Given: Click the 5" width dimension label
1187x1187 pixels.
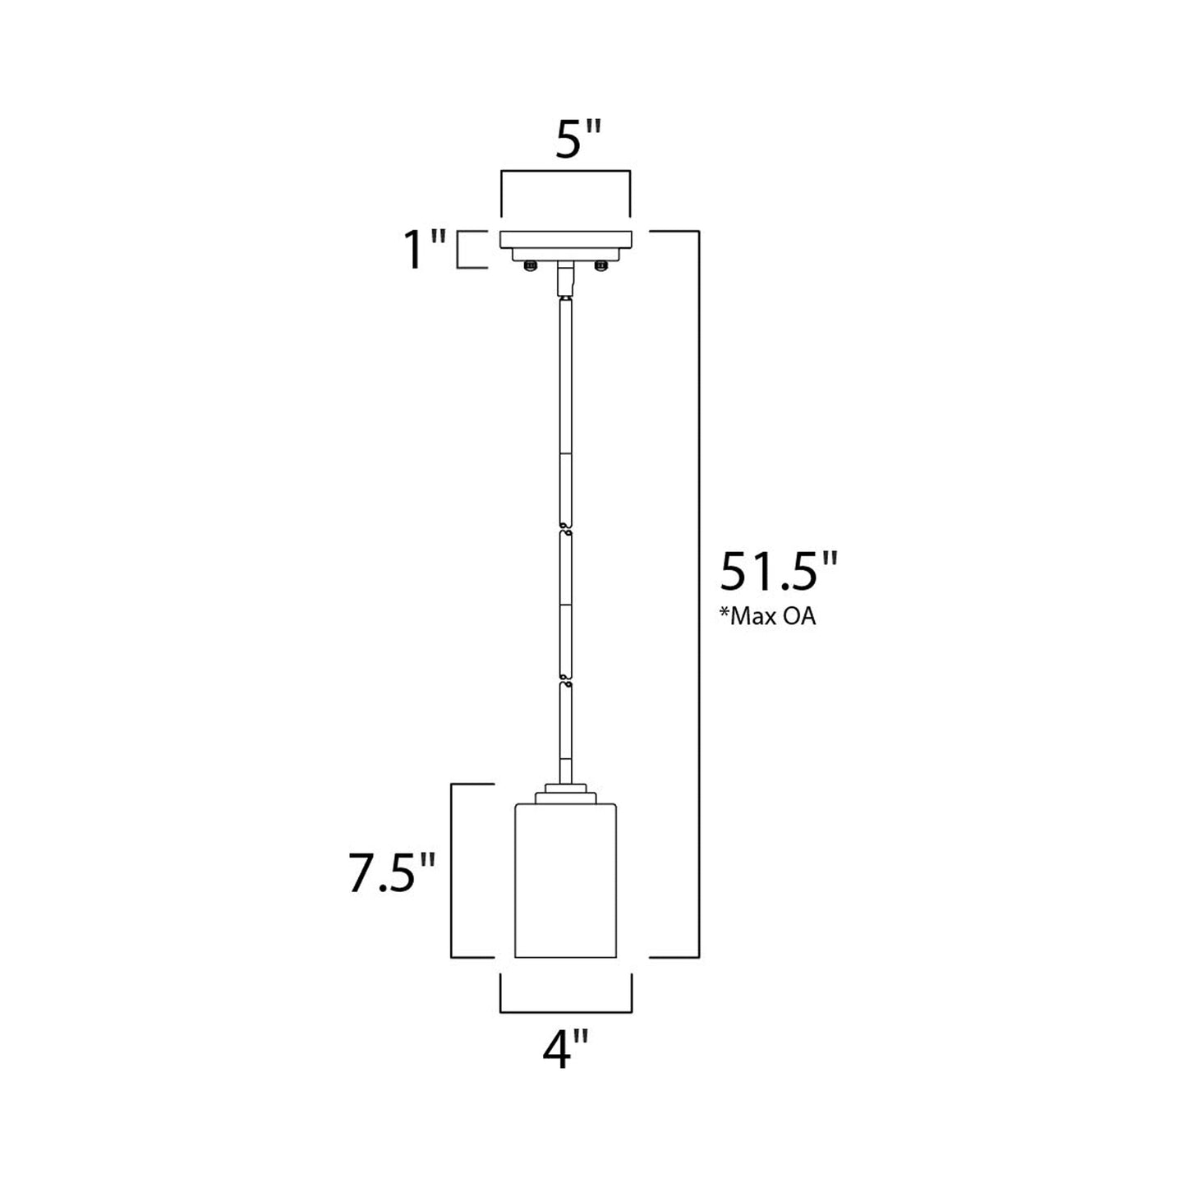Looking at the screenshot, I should pyautogui.click(x=567, y=141).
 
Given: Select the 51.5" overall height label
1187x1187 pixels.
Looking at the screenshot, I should pyautogui.click(x=779, y=572).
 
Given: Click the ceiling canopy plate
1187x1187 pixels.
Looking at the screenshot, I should pyautogui.click(x=566, y=241).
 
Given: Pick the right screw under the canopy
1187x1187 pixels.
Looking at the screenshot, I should pyautogui.click(x=601, y=265).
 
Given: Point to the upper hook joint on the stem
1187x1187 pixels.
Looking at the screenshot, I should pyautogui.click(x=564, y=527).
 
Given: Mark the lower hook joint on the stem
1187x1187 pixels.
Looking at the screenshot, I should pyautogui.click(x=564, y=681).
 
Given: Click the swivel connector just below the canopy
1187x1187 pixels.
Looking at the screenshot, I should pyautogui.click(x=564, y=279).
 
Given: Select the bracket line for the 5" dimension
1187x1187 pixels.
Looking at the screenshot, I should pyautogui.click(x=566, y=171).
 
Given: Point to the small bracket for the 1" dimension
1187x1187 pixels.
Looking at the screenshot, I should pyautogui.click(x=459, y=251).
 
